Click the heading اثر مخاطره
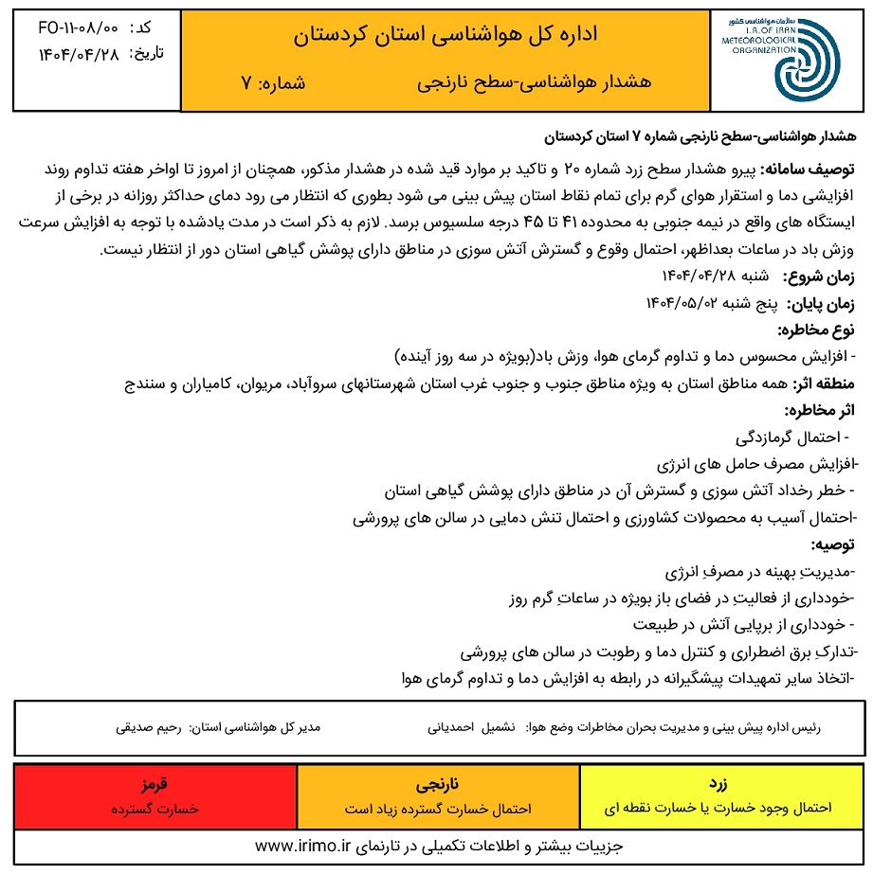(819, 410)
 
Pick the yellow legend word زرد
(718, 786)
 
